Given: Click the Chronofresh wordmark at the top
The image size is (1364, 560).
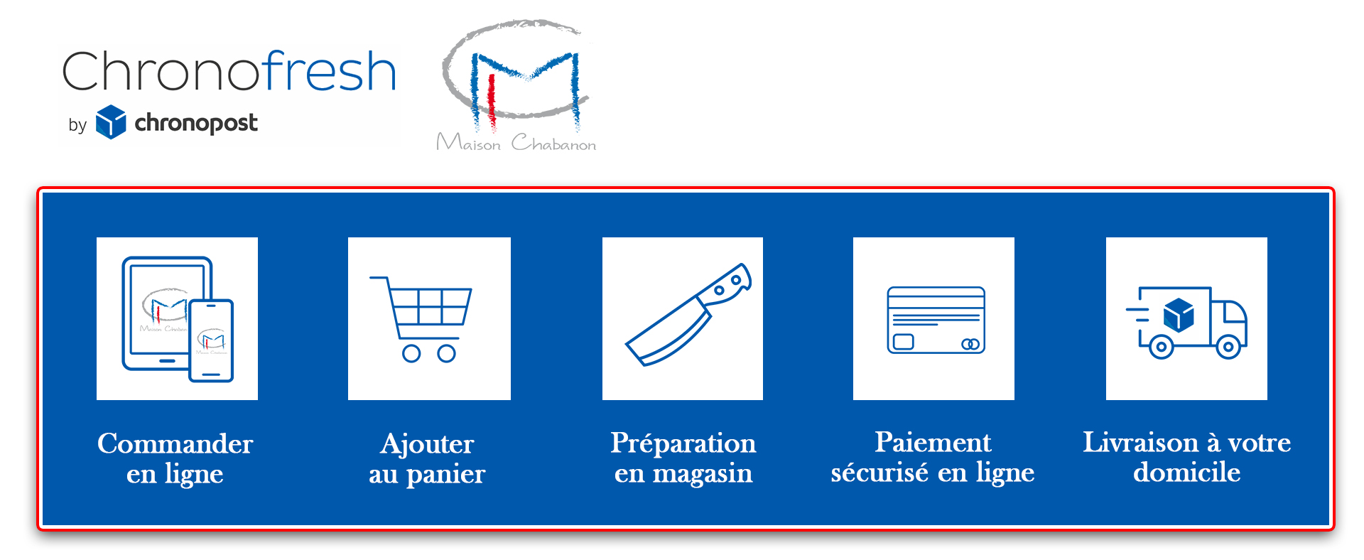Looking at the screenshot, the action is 229,71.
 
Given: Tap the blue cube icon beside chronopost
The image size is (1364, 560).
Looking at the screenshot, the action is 111,122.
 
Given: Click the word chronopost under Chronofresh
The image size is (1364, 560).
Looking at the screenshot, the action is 196,123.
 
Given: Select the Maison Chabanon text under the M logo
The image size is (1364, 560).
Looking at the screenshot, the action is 516,142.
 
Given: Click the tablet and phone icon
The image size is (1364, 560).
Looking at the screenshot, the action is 178,319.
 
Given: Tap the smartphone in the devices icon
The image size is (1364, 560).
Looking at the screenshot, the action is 211,340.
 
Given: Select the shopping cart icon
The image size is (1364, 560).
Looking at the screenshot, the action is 421,319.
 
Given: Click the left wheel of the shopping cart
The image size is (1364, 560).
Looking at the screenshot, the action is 411,353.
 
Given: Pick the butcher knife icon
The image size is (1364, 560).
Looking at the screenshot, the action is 688,315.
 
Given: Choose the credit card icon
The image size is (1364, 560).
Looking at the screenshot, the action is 936,320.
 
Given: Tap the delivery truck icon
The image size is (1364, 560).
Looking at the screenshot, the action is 1186,322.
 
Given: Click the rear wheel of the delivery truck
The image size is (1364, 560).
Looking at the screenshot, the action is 1161,348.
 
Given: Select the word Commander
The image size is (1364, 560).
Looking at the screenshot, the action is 175,443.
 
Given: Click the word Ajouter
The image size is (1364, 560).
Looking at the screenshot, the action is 427,445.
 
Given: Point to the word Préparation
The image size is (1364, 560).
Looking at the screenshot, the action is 683,443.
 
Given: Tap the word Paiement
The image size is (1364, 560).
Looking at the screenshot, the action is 933,442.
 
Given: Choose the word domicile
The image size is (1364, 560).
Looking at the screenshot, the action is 1186,472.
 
